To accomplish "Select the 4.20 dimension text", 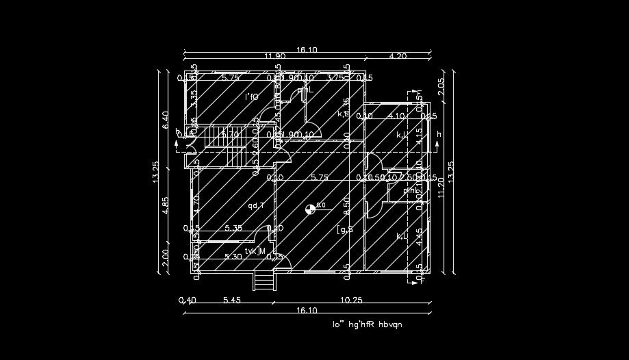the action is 398,56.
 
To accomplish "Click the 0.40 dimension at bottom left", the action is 186,300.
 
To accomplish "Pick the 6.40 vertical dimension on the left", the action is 165,120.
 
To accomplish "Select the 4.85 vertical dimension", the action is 165,205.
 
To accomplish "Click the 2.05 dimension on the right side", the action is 441,86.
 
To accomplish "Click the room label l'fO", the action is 252,97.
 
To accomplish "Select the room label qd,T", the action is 257,205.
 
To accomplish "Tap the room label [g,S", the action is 345,230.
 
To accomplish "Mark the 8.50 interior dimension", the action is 347,203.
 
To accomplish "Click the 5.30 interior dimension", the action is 233,257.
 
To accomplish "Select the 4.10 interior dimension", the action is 396,116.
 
